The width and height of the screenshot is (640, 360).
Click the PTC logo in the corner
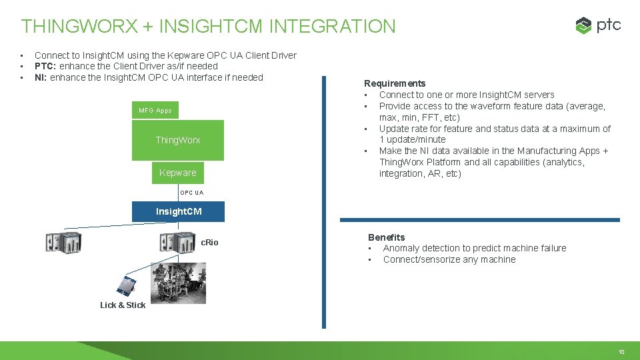click(x=598, y=25)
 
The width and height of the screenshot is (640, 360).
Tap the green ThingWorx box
click(x=177, y=140)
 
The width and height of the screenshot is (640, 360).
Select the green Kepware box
click(x=177, y=173)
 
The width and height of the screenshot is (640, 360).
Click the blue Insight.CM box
click(x=178, y=211)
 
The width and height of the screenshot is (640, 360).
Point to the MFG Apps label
click(x=155, y=110)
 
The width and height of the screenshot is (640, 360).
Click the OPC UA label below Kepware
click(x=191, y=193)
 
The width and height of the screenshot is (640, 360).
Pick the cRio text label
click(x=209, y=242)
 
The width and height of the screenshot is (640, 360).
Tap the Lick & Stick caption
click(x=123, y=305)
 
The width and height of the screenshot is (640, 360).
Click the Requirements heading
click(x=395, y=83)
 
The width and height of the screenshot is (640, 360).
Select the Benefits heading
click(x=387, y=237)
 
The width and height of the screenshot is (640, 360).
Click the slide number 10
click(x=621, y=351)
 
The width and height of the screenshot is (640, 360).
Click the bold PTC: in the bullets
click(x=46, y=66)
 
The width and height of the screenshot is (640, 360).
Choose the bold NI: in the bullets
click(x=41, y=77)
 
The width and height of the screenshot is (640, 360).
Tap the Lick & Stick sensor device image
click(x=126, y=285)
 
